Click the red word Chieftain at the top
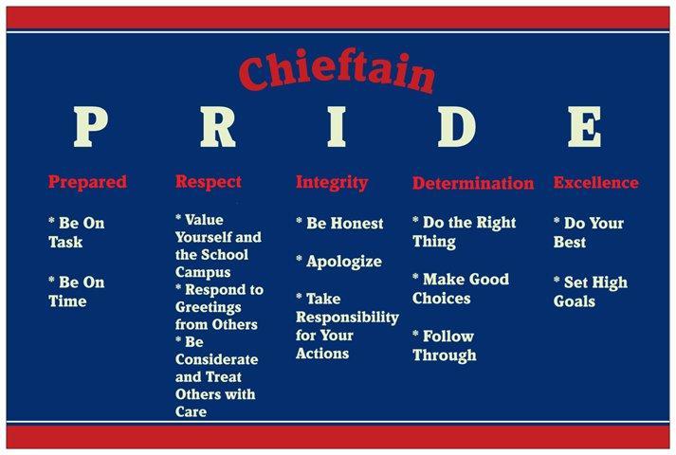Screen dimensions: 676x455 [338, 70]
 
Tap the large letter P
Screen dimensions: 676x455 [90, 127]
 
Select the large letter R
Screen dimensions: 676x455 [218, 127]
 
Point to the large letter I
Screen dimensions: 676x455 [337, 127]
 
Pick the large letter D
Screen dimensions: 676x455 [457, 127]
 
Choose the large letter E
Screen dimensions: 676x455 [585, 127]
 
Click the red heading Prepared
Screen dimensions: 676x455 [87, 182]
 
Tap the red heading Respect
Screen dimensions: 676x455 [209, 182]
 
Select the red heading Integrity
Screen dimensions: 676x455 [332, 183]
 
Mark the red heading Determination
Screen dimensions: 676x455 [473, 183]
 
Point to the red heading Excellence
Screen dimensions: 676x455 [595, 183]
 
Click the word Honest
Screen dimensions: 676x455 [356, 223]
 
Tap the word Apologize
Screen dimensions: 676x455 [344, 262]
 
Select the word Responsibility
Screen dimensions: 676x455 [348, 318]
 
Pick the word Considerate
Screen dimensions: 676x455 [216, 359]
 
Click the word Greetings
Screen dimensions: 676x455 [209, 308]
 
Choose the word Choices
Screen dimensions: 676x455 [441, 299]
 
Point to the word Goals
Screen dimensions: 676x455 [575, 301]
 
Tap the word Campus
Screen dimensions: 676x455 [203, 273]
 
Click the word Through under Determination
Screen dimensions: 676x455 [445, 355]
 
